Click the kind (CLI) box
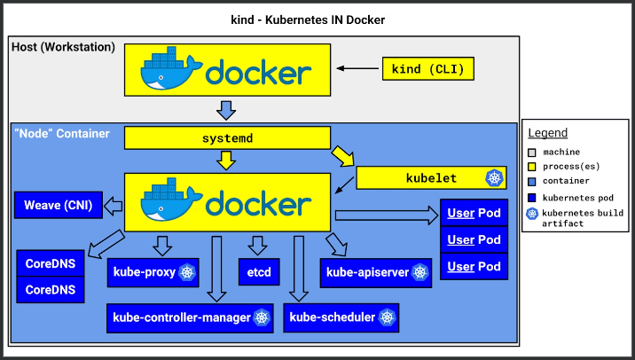click(428, 68)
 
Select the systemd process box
click(227, 137)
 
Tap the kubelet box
click(431, 177)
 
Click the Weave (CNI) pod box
click(59, 205)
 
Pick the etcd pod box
click(259, 271)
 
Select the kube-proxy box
click(153, 272)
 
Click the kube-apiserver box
click(376, 272)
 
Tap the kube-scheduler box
click(341, 317)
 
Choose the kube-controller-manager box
click(190, 318)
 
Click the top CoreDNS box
click(51, 263)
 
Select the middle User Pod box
click(474, 239)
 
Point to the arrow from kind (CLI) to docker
click(357, 68)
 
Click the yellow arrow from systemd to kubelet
click(343, 157)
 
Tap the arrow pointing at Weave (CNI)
click(113, 206)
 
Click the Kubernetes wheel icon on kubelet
click(495, 177)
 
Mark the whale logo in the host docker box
click(171, 68)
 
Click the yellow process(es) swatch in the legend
click(532, 167)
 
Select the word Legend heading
click(547, 133)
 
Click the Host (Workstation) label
click(63, 47)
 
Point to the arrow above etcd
click(257, 246)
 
